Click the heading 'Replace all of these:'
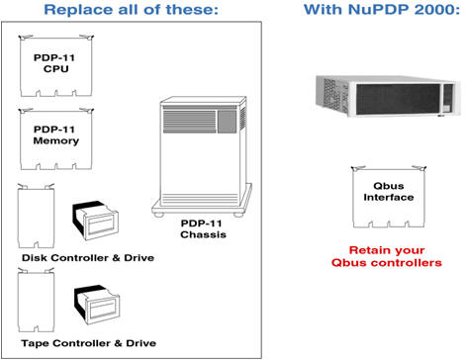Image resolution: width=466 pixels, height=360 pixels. point(133,13)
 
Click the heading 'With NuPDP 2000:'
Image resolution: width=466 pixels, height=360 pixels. point(378,13)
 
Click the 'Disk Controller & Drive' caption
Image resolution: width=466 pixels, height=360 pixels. point(74,257)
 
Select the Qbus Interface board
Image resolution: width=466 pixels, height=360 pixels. point(379,194)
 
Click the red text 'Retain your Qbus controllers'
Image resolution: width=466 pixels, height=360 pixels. point(380,256)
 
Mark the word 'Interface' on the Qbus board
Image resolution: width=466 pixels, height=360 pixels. point(379,198)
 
